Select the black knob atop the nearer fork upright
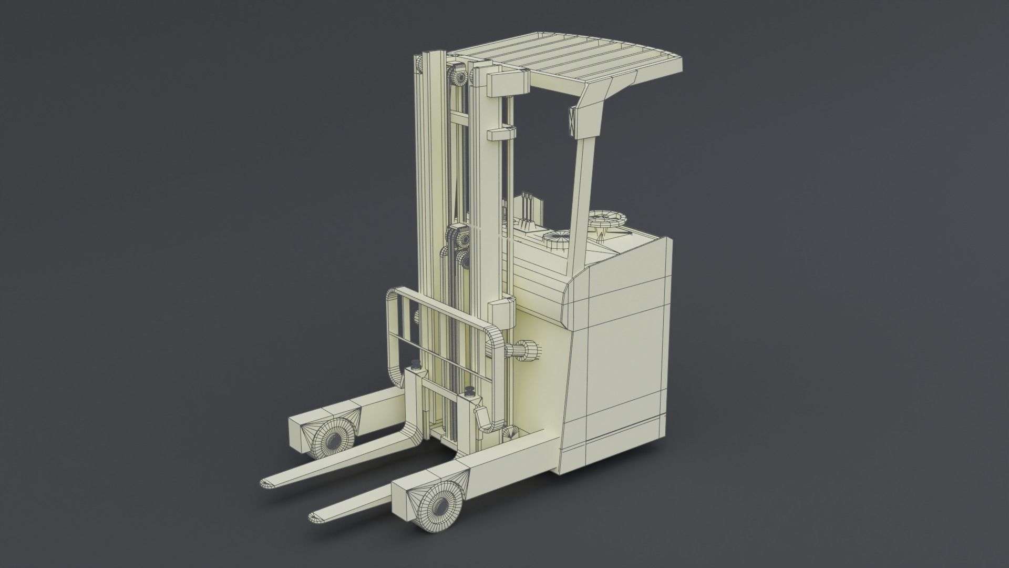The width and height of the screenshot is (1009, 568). [x=469, y=392]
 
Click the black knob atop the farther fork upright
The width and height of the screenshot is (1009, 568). [x=416, y=364]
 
